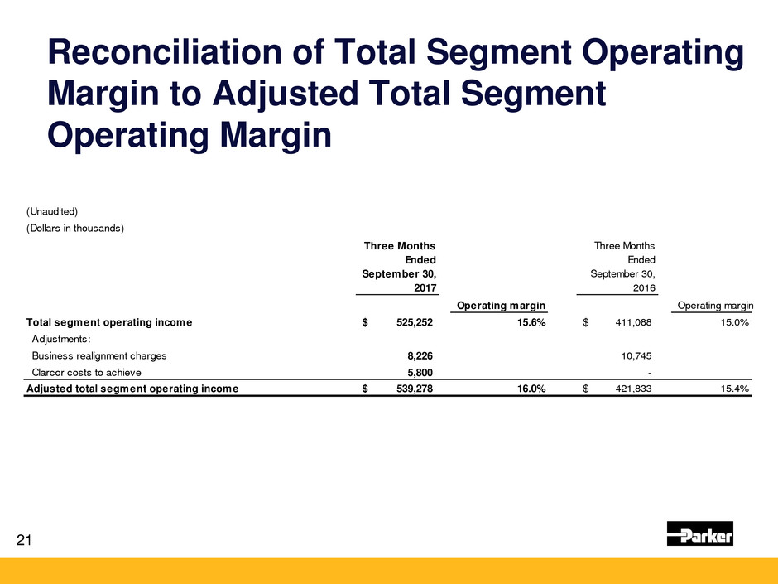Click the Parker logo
(699, 534)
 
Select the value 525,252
(410, 323)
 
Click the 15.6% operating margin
(526, 323)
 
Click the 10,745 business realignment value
(635, 355)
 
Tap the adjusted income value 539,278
(410, 388)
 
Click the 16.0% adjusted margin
(526, 388)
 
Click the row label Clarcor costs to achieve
(86, 372)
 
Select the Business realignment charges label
(98, 355)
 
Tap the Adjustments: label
(63, 339)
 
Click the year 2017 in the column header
(423, 287)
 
